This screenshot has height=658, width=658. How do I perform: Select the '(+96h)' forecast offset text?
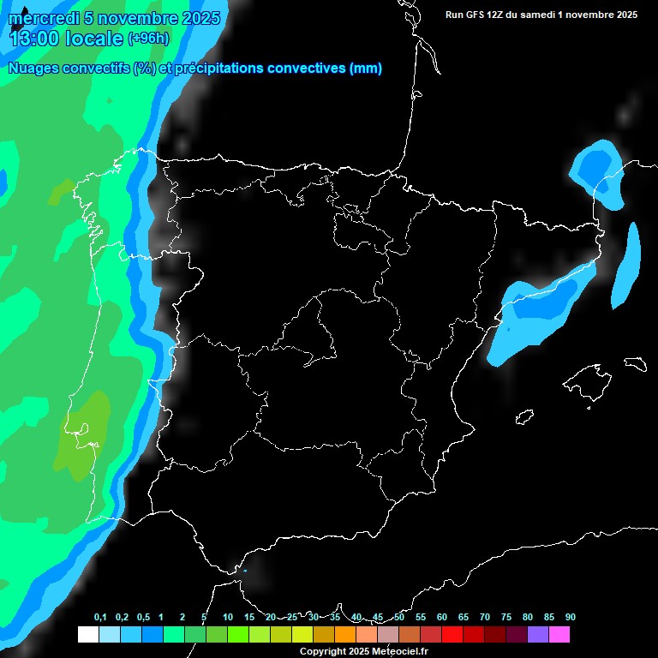pyautogui.click(x=148, y=38)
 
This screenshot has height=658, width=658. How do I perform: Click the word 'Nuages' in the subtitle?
pyautogui.click(x=33, y=69)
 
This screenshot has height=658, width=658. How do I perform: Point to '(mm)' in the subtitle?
pyautogui.click(x=366, y=69)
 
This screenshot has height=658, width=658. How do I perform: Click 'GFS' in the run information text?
pyautogui.click(x=485, y=15)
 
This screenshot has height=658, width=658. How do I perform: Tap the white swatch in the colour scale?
pyautogui.click(x=87, y=635)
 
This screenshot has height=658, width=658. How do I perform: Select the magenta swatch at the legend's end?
pyautogui.click(x=559, y=635)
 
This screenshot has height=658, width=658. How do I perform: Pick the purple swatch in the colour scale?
pyautogui.click(x=538, y=635)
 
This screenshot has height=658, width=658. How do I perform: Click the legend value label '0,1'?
pyautogui.click(x=100, y=618)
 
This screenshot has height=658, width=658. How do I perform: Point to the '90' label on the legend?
pyautogui.click(x=570, y=618)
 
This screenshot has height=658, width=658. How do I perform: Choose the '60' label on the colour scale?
pyautogui.click(x=442, y=618)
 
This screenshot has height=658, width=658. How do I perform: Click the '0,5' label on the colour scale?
pyautogui.click(x=142, y=618)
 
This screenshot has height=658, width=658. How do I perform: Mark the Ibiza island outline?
pyautogui.click(x=524, y=417)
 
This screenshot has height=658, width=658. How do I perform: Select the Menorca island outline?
pyautogui.click(x=635, y=363)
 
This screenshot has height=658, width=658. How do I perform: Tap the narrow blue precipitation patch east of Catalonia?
pyautogui.click(x=627, y=266)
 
